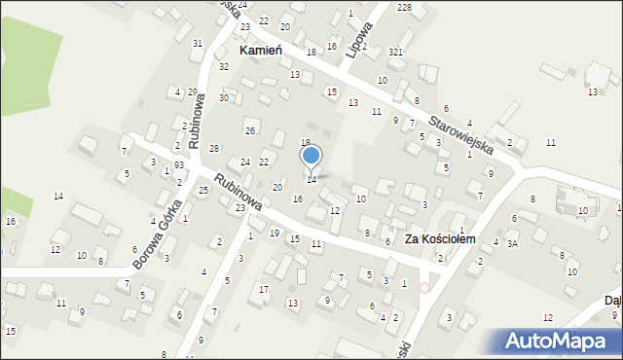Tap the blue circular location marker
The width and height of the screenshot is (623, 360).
pyautogui.click(x=311, y=155)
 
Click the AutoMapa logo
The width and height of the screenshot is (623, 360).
pyautogui.click(x=562, y=341)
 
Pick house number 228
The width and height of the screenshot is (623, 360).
pyautogui.click(x=404, y=8)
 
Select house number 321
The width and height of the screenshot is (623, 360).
pyautogui.click(x=395, y=51)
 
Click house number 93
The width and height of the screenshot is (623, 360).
pyautogui.click(x=179, y=165)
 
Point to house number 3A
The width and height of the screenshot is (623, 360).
pyautogui.click(x=512, y=243)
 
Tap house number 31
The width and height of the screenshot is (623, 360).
pyautogui.click(x=198, y=43)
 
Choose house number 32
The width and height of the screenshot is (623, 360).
pyautogui.click(x=224, y=66)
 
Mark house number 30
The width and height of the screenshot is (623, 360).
pyautogui.click(x=224, y=97)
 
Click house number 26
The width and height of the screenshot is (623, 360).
pyautogui.click(x=250, y=130)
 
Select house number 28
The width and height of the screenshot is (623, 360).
pyautogui.click(x=214, y=147)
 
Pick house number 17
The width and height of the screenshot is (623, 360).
pyautogui.click(x=264, y=289)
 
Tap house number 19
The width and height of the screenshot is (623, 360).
pyautogui.click(x=275, y=233)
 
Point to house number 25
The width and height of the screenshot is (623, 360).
pyautogui.click(x=203, y=190)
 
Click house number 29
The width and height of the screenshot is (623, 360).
pyautogui.click(x=193, y=91)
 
